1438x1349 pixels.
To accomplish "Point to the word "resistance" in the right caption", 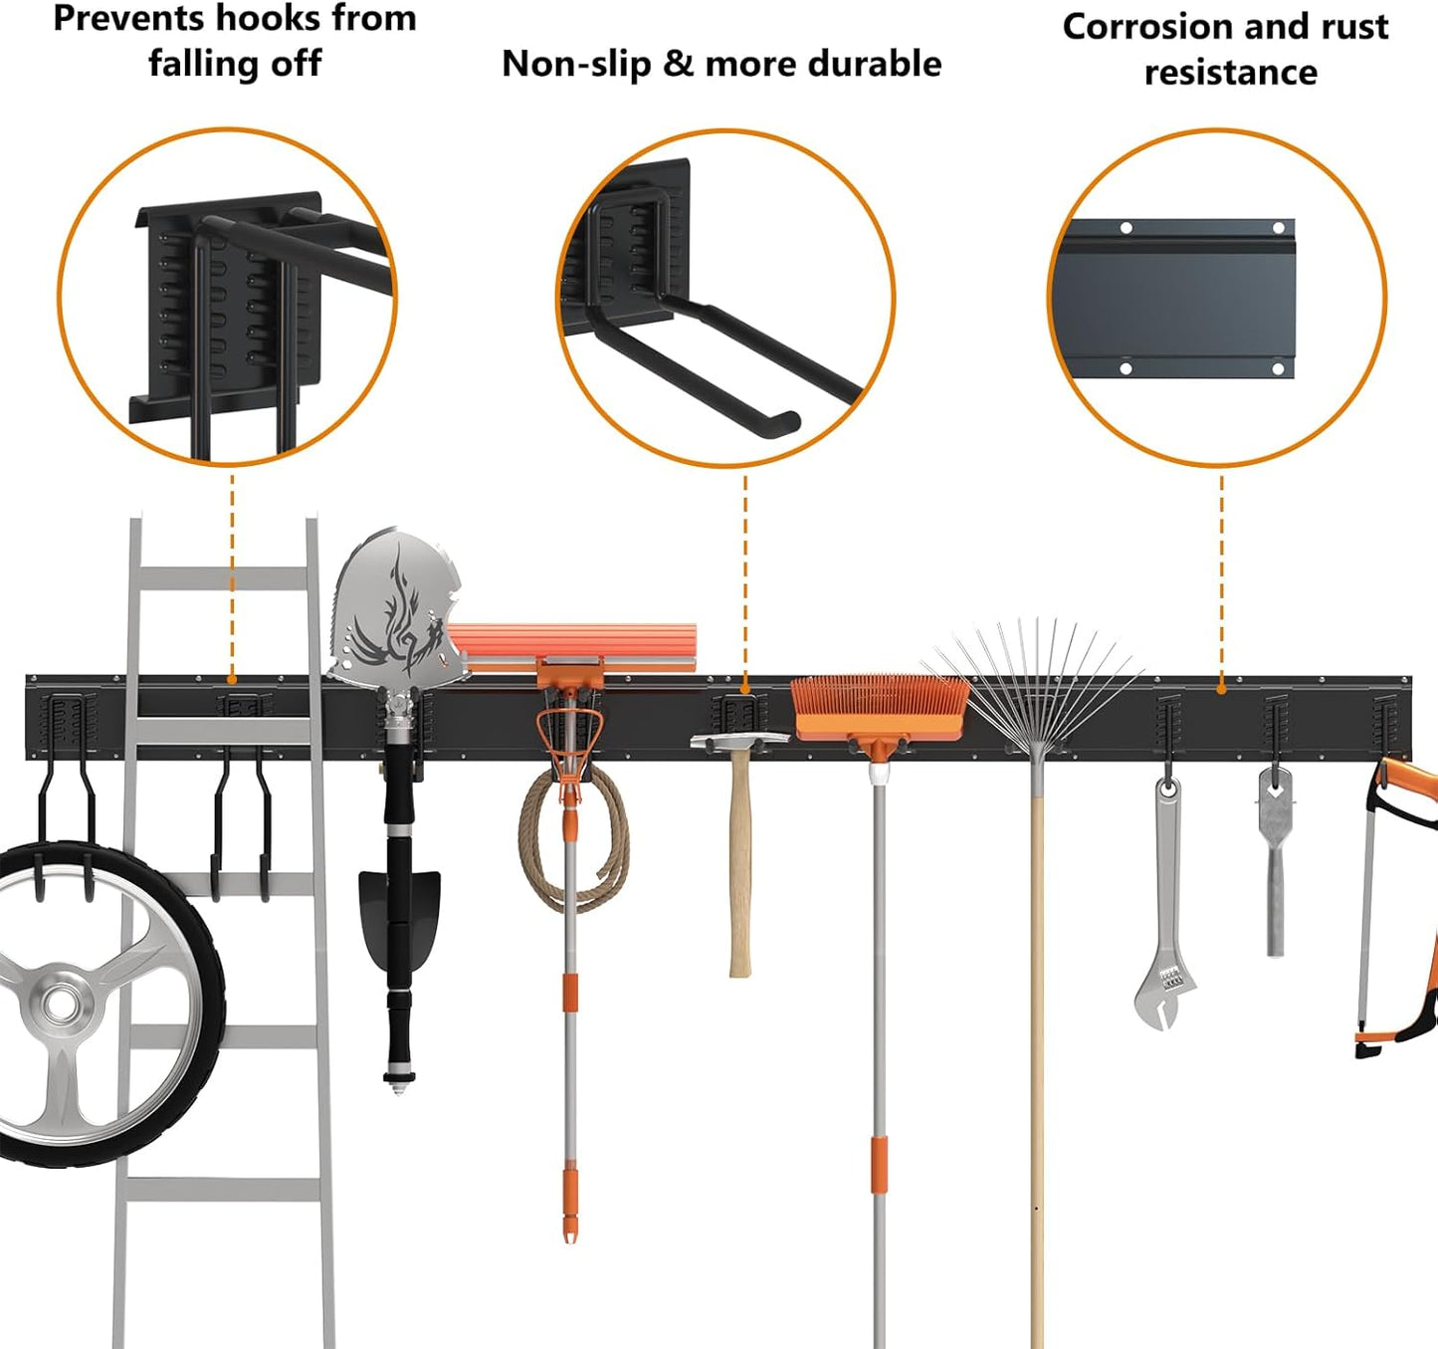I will tap(1230, 74).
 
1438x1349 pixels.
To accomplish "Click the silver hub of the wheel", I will tap(62, 1004).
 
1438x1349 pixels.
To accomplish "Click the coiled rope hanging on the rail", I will tap(572, 841).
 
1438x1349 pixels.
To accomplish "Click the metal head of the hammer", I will tap(738, 741).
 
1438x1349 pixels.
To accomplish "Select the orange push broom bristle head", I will tap(880, 707).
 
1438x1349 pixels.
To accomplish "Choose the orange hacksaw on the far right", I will tap(1398, 906).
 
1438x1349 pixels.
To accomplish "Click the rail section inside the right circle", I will tap(1174, 299).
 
